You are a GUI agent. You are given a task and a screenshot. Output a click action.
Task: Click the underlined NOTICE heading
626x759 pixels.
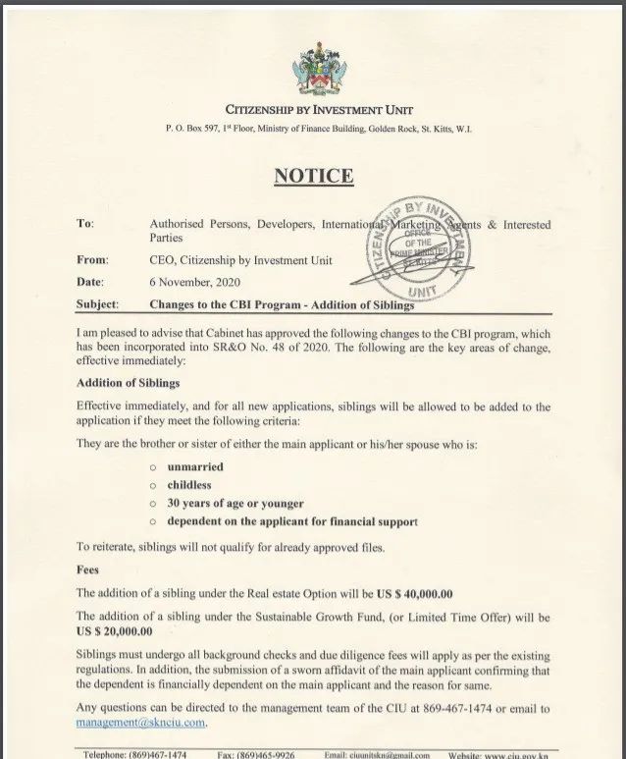(313, 177)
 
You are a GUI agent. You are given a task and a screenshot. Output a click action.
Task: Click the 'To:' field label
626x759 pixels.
(85, 224)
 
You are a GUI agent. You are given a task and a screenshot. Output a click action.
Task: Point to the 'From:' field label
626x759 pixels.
(92, 260)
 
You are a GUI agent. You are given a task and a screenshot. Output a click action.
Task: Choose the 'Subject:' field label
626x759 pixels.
(97, 304)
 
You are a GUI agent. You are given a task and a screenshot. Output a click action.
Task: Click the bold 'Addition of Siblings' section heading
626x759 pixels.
(128, 382)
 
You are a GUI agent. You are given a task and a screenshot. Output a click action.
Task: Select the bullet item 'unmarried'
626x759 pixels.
(195, 466)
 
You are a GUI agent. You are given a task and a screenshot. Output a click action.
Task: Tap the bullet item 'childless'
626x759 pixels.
(188, 484)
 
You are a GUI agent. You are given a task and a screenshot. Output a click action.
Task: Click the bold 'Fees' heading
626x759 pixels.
(88, 569)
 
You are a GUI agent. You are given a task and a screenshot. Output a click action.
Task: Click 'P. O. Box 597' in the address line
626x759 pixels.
(184, 130)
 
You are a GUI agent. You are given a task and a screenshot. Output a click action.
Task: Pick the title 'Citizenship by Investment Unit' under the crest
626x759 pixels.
(319, 110)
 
